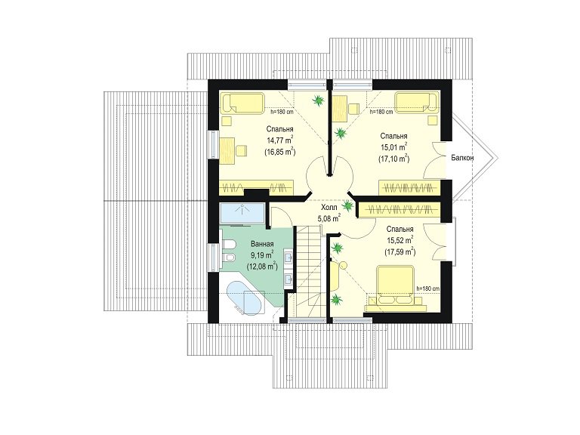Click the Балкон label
462,158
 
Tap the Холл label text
328,207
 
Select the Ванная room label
262,244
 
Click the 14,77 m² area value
279,140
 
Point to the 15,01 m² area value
393,147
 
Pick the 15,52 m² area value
400,240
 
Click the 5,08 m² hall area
329,217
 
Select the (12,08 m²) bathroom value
262,266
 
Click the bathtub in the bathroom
243,298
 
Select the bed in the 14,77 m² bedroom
243,103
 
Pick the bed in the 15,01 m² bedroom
417,103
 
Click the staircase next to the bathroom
309,271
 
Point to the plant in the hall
347,205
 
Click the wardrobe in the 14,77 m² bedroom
257,187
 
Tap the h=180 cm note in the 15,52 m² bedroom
428,288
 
